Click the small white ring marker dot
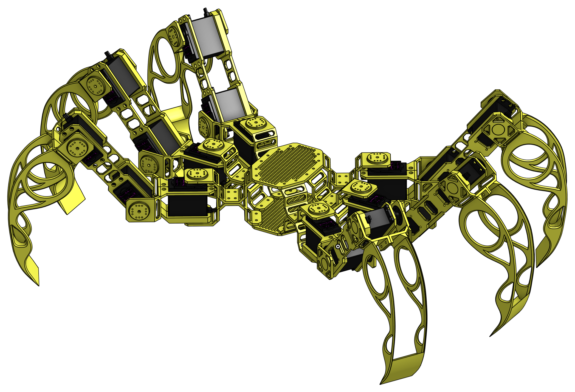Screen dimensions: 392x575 [338, 246]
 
